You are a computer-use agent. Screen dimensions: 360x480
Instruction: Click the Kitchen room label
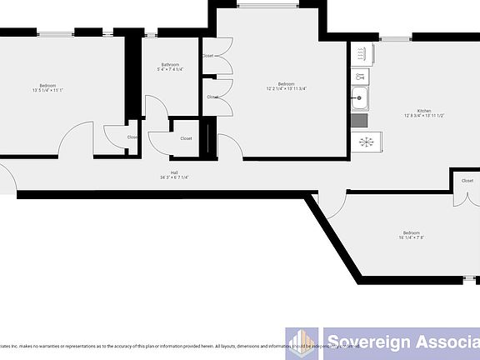point(423,112)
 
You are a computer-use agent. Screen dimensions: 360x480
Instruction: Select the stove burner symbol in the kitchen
point(364,141)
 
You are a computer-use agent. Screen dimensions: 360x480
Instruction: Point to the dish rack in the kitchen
point(361,55)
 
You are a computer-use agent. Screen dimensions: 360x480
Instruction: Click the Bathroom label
point(170,64)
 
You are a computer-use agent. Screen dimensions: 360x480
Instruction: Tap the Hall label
point(174,172)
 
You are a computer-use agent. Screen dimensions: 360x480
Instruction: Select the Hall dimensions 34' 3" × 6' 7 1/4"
point(174,177)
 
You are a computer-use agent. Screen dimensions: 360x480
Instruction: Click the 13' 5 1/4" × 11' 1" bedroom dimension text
point(47,90)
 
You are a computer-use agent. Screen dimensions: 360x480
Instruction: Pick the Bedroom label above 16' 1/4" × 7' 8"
point(411,232)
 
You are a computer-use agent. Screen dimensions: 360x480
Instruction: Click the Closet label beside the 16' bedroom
point(467,181)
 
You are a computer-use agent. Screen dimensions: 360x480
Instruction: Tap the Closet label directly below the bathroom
point(185,138)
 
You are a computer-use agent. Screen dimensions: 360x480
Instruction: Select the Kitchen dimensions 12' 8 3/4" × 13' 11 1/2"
point(423,117)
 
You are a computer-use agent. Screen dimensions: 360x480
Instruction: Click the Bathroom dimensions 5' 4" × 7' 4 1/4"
point(170,70)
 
